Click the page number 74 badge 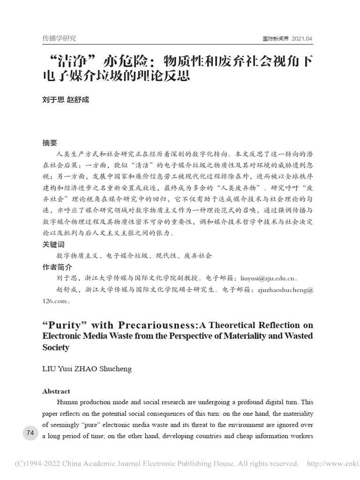pyautogui.click(x=30, y=433)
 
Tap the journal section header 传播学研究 pyautogui.click(x=59, y=38)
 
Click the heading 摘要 pyautogui.click(x=50, y=143)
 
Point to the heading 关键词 pyautogui.click(x=53, y=245)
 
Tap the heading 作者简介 pyautogui.click(x=57, y=267)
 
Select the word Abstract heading pyautogui.click(x=56, y=391)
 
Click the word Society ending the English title pyautogui.click(x=56, y=347)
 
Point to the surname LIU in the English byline pyautogui.click(x=50, y=369)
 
